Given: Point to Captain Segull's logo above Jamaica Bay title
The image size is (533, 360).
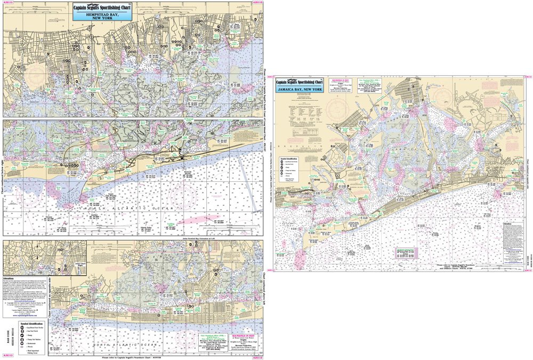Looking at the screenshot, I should (x=300, y=82).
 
